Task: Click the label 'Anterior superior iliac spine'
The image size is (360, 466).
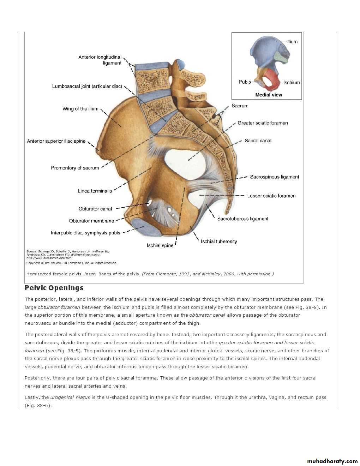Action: (x=56, y=141)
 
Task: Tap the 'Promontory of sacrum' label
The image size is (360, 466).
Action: (x=75, y=168)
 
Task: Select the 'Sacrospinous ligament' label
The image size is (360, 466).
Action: (x=274, y=177)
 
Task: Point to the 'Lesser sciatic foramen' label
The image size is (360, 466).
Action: (x=271, y=196)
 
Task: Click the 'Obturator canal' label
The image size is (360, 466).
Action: (x=95, y=209)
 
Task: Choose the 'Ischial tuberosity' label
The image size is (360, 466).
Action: (x=219, y=241)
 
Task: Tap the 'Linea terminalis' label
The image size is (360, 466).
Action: (x=95, y=191)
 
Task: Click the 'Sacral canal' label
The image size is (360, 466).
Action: (x=258, y=141)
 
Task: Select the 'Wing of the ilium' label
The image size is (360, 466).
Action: (x=80, y=109)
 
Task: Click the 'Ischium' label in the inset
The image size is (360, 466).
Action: (x=291, y=82)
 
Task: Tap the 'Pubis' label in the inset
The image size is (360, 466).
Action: (x=245, y=82)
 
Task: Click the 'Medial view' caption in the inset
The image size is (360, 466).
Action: (x=269, y=95)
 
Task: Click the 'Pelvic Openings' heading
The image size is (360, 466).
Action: (x=54, y=288)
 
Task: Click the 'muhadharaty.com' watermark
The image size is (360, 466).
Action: (x=332, y=461)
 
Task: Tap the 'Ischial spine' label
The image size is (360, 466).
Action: (x=160, y=245)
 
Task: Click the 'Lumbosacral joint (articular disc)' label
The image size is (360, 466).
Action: (x=87, y=86)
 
